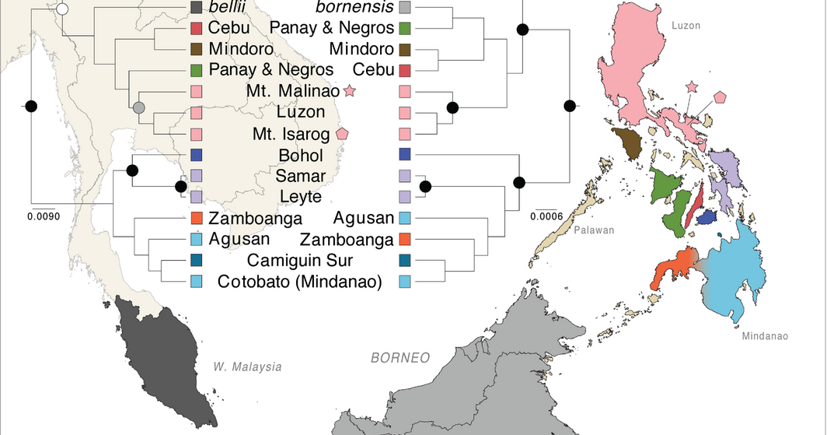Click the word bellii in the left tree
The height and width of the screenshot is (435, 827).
coord(225,9)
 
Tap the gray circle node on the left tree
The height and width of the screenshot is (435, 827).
coord(139,107)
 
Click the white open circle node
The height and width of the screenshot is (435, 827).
coord(63,9)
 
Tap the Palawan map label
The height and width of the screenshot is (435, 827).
coord(595,230)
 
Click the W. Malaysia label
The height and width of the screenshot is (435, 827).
coord(247,367)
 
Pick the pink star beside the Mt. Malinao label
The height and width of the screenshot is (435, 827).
coord(350,92)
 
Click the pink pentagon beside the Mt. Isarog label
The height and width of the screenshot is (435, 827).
coord(342,133)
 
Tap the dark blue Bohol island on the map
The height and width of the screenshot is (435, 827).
coord(707,219)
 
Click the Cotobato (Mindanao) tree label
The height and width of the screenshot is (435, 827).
coord(300,282)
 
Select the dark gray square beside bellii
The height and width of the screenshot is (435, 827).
coord(197,9)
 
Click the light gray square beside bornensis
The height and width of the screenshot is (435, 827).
coord(404,9)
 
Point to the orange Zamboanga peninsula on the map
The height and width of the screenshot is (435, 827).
coord(672,268)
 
